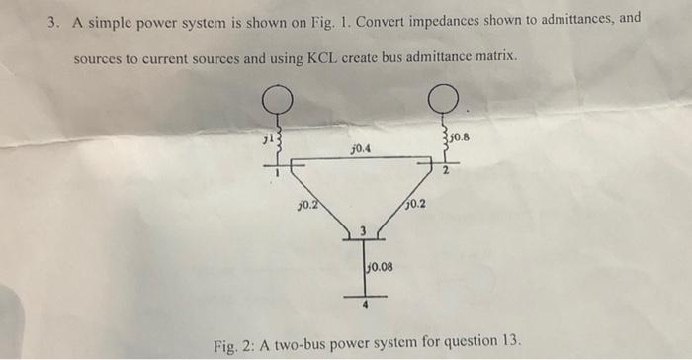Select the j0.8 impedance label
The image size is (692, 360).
pyautogui.click(x=460, y=139)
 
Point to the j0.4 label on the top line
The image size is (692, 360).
pyautogui.click(x=361, y=149)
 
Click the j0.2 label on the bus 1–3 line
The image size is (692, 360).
pyautogui.click(x=306, y=205)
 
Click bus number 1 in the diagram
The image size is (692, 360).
pyautogui.click(x=278, y=175)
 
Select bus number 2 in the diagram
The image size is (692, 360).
pyautogui.click(x=445, y=173)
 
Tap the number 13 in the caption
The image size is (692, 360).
pyautogui.click(x=509, y=341)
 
